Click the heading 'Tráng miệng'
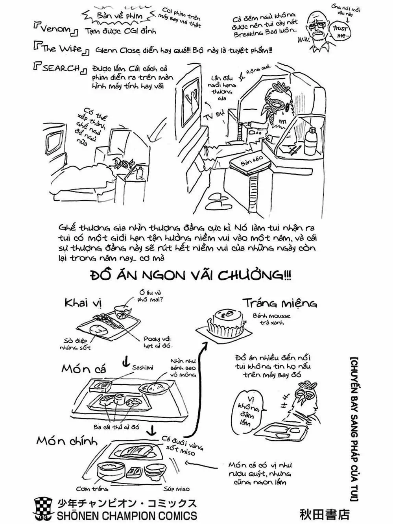click(x=280, y=303)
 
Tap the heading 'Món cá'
click(x=84, y=369)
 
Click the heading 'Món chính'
click(x=67, y=441)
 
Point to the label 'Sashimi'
click(x=142, y=367)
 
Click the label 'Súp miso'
click(x=176, y=489)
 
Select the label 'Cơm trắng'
click(x=92, y=489)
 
